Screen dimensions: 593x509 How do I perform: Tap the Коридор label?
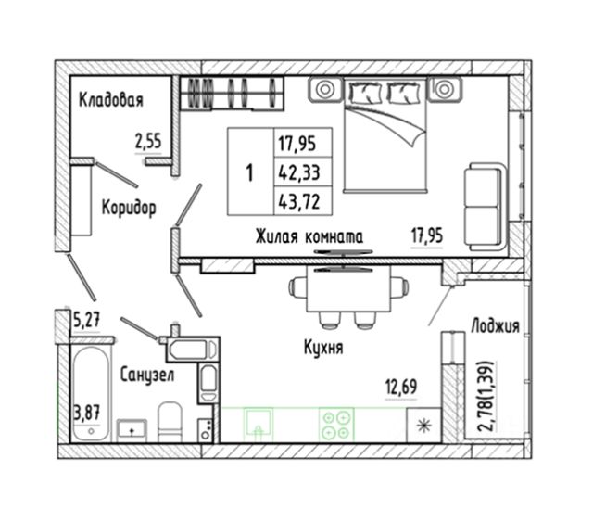point(127,206)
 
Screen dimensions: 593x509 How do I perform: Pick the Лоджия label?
point(495,325)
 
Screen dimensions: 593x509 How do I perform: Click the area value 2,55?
point(149,142)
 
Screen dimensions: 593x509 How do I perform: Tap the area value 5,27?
point(85,322)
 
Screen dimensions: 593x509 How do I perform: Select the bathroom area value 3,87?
point(85,407)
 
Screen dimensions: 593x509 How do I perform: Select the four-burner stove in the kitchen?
point(334,424)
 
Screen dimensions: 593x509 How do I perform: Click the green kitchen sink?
point(259,424)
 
